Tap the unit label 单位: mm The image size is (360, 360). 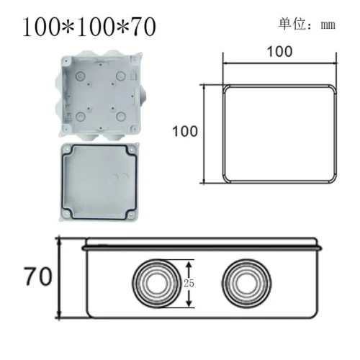click(307, 24)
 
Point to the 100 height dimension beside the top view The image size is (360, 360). click(184, 132)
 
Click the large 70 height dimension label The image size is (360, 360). click(38, 278)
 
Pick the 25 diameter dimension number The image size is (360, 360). click(189, 282)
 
